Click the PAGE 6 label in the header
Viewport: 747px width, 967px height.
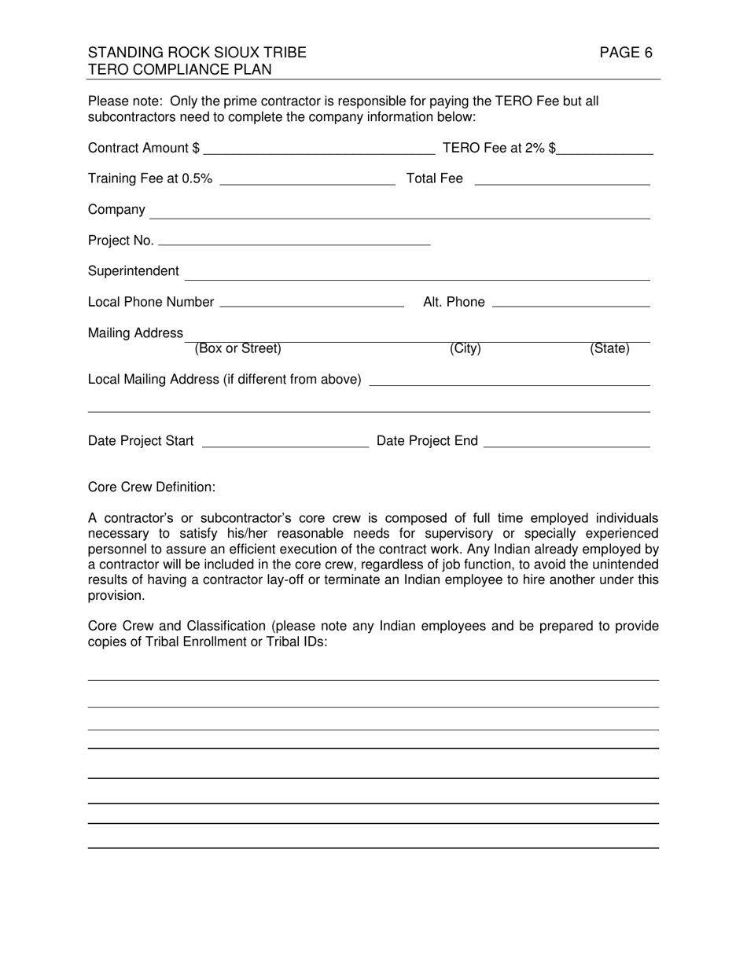click(625, 53)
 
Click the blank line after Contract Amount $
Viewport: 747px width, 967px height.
click(318, 149)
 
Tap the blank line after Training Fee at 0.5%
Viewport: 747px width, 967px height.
click(308, 178)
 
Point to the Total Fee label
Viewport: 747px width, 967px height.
click(434, 178)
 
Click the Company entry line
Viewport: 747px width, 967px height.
click(399, 211)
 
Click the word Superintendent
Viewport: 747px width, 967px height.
click(134, 271)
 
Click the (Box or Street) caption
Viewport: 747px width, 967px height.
click(237, 349)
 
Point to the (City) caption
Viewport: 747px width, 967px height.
click(465, 349)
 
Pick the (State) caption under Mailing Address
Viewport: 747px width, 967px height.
click(609, 349)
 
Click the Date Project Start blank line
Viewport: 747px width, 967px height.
click(285, 441)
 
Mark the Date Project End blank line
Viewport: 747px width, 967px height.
click(567, 441)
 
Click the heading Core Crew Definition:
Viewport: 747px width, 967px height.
click(152, 487)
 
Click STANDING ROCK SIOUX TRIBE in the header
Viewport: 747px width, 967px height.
click(197, 53)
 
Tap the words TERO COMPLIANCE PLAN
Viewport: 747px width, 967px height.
click(180, 69)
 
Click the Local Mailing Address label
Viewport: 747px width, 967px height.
click(225, 380)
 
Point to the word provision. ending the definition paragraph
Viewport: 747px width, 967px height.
click(116, 595)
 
